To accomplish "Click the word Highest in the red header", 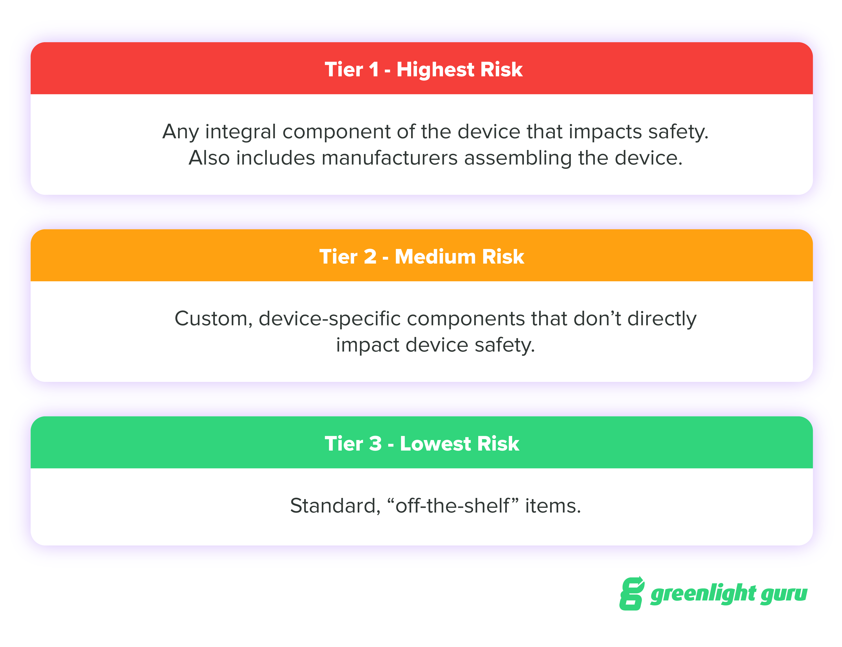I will pyautogui.click(x=435, y=70).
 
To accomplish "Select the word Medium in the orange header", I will pyautogui.click(x=435, y=257).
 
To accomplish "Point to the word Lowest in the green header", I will pyautogui.click(x=435, y=443).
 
